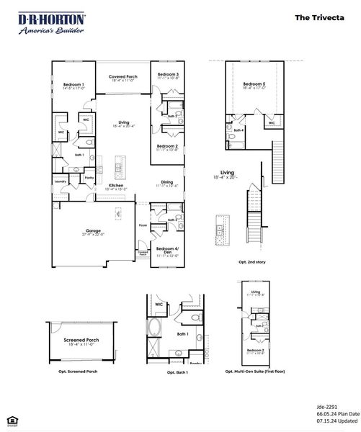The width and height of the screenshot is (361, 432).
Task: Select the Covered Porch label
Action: click(124, 78)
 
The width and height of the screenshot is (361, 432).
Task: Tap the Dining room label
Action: click(167, 183)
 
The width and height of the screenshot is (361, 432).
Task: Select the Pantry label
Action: click(89, 177)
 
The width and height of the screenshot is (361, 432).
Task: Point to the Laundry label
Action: click(60, 181)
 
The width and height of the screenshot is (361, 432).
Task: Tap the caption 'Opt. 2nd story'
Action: click(252, 262)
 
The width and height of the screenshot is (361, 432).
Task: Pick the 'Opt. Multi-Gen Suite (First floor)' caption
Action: click(255, 372)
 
